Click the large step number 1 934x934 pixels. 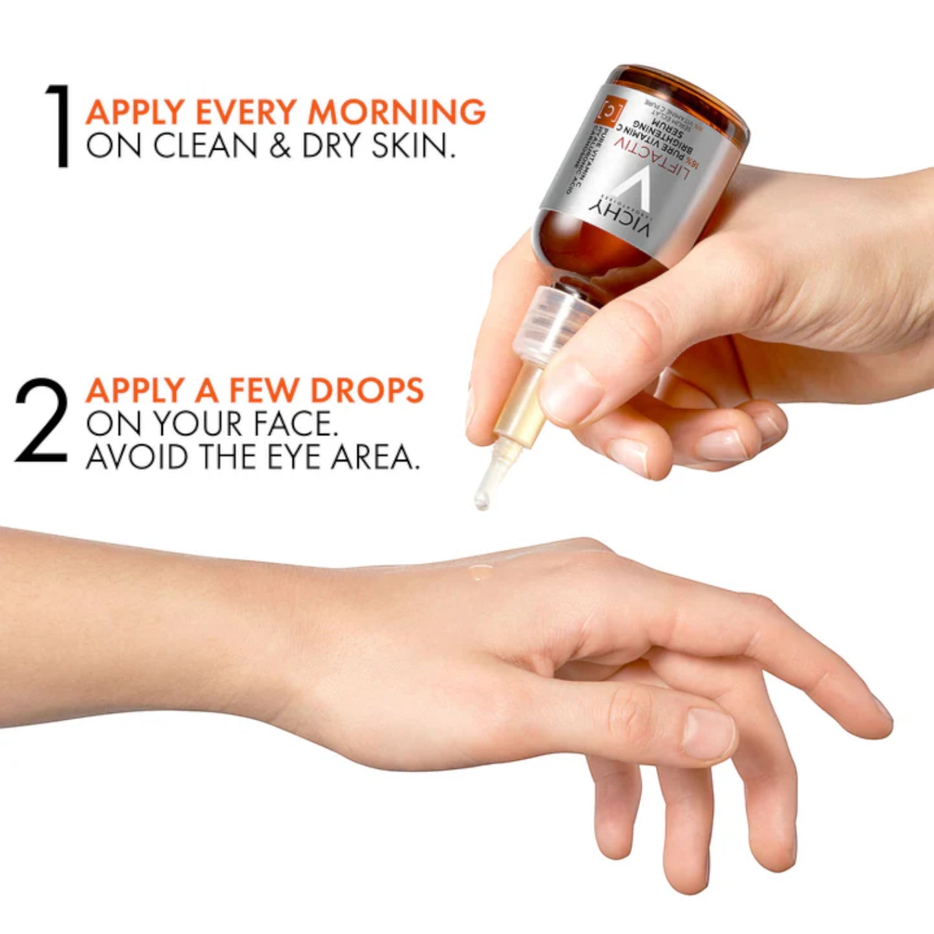click(59, 126)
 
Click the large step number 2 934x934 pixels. click(41, 421)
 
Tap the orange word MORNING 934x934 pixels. click(396, 112)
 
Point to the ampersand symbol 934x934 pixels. click(280, 146)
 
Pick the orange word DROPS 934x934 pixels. click(366, 390)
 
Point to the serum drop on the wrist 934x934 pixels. click(480, 570)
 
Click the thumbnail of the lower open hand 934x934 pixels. click(708, 734)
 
